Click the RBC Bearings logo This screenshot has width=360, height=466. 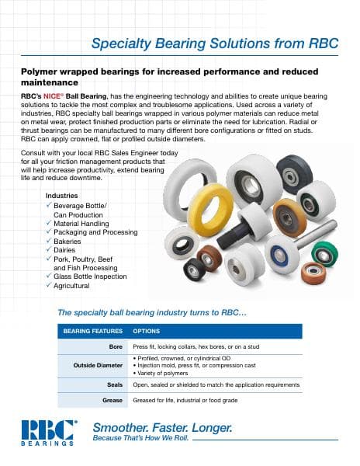point(49,433)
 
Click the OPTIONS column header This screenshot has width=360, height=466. point(147,330)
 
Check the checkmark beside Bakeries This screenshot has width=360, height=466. point(49,242)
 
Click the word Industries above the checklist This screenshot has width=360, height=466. point(63,195)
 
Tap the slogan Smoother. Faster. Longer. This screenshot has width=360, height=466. point(162,427)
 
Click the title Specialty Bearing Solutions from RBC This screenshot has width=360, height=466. point(215,43)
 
